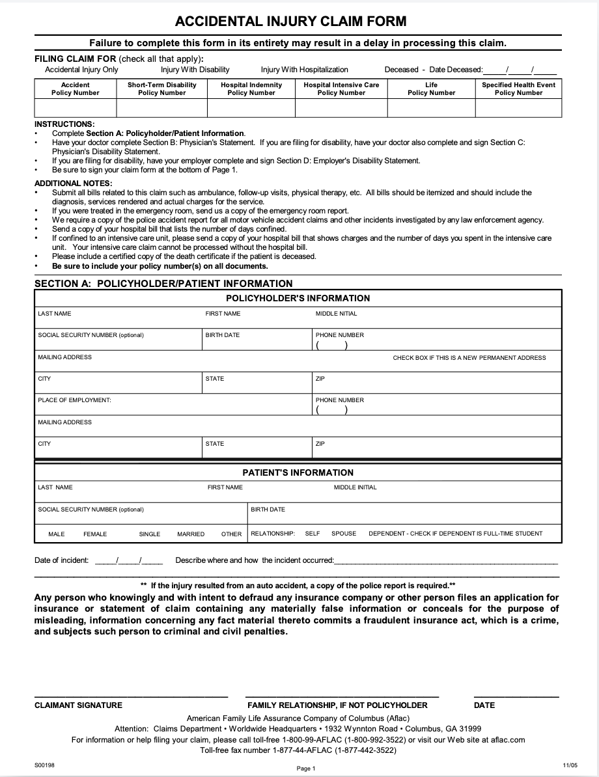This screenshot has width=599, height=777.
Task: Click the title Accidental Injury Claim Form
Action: pyautogui.click(x=290, y=21)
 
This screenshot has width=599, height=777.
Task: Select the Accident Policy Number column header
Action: pyautogui.click(x=75, y=89)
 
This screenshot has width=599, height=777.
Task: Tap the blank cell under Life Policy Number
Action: pyautogui.click(x=431, y=107)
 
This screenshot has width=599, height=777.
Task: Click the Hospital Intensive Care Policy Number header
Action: pyautogui.click(x=341, y=89)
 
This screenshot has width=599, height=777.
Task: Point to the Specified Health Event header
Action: pyautogui.click(x=518, y=89)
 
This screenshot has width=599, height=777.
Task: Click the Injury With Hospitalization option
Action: pyautogui.click(x=304, y=70)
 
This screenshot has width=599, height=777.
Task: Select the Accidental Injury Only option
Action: pyautogui.click(x=81, y=70)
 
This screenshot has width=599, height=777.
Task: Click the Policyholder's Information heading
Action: pyautogui.click(x=298, y=298)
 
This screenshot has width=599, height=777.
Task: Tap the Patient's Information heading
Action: pyautogui.click(x=298, y=472)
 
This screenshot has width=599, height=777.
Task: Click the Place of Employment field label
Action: pyautogui.click(x=74, y=400)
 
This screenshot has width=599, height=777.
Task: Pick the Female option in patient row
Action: pyautogui.click(x=95, y=534)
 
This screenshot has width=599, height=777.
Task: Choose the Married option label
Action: pyautogui.click(x=191, y=534)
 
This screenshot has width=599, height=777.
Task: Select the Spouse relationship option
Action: pyautogui.click(x=344, y=534)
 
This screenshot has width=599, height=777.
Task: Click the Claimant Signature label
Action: pyautogui.click(x=78, y=705)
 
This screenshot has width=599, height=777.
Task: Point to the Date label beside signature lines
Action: pyautogui.click(x=484, y=705)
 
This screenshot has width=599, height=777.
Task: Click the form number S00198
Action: pyautogui.click(x=44, y=765)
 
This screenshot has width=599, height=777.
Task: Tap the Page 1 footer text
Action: pyautogui.click(x=305, y=769)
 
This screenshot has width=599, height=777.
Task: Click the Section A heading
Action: pyautogui.click(x=163, y=284)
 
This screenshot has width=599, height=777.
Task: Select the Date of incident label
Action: pyautogui.click(x=61, y=560)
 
